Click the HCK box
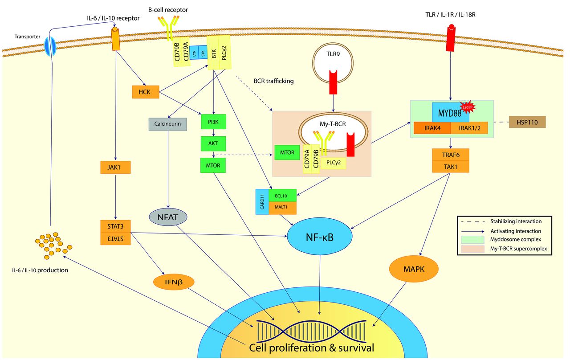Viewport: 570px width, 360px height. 145,92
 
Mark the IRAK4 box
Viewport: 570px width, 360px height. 432,128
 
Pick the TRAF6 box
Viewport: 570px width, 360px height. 451,155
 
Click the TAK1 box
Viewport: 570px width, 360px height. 451,167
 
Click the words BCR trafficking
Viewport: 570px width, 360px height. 273,82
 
